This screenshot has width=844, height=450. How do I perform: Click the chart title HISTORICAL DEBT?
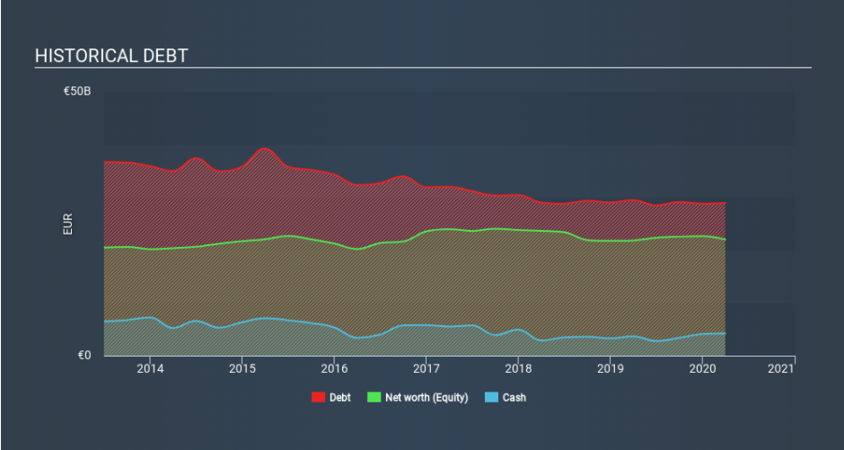point(111,56)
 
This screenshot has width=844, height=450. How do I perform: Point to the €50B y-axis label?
point(76,92)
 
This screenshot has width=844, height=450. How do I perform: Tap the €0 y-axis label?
point(84,356)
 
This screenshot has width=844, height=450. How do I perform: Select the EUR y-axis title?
point(68,224)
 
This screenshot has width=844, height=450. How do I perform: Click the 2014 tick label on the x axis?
point(150,368)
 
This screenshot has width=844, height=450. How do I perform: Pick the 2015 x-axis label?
point(242,368)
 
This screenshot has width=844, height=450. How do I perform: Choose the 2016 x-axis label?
point(334,368)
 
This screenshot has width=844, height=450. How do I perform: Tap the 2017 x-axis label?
point(426,368)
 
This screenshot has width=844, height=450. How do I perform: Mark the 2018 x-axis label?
point(518,368)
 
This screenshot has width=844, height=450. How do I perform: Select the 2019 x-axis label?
point(610,368)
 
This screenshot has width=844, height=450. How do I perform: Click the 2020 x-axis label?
point(702,368)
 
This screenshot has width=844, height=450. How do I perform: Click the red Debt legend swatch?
point(318,397)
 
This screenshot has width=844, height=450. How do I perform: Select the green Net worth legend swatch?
point(374,397)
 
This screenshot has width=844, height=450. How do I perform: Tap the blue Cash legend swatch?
point(490,397)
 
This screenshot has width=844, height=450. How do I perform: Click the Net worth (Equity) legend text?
point(426,397)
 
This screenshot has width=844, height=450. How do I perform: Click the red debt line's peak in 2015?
point(264,148)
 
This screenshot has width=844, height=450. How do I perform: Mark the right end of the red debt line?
point(725,203)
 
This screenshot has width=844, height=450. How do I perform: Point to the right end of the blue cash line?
point(725,333)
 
